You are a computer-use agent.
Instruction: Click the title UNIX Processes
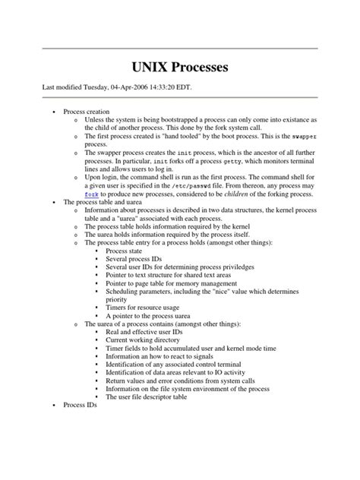180,68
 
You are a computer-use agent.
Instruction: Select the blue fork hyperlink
92,194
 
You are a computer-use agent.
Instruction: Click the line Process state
126,251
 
